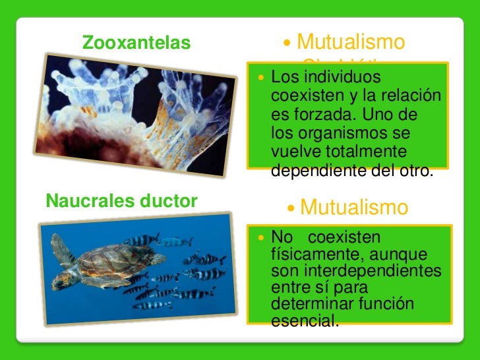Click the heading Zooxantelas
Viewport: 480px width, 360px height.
click(136, 44)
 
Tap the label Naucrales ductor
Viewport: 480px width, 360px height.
click(122, 201)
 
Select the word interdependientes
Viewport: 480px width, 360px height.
click(356, 271)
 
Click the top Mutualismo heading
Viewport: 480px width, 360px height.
click(350, 42)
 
